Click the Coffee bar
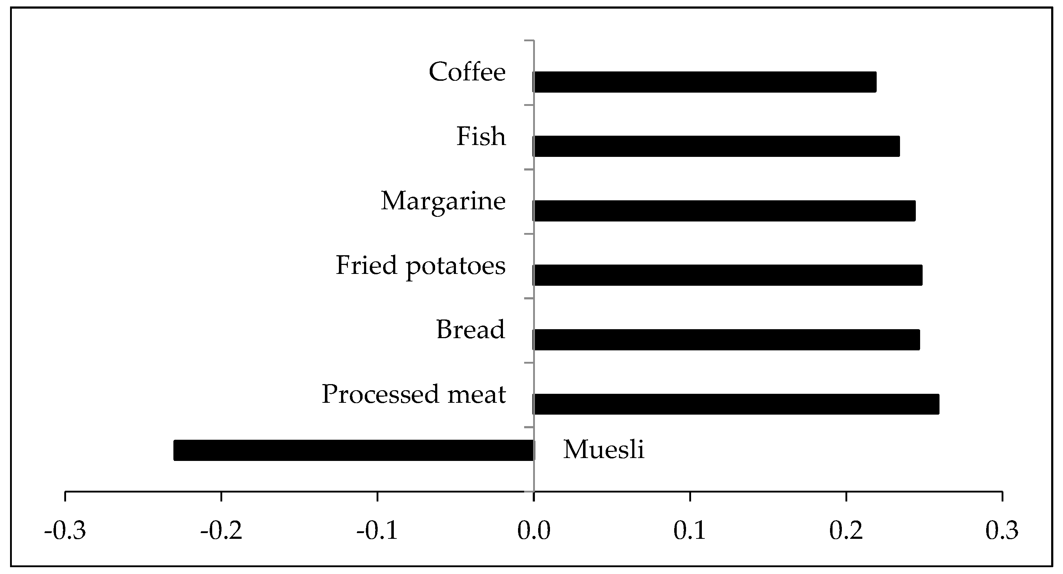pos(704,82)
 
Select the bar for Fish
pos(716,146)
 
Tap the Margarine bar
pos(724,211)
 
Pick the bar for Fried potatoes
pos(727,275)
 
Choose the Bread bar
pos(726,340)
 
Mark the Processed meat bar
pos(736,404)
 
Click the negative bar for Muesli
pos(354,450)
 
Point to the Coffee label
pos(467,72)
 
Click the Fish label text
pos(481,136)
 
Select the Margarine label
pos(443,201)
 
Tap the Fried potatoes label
pos(420,265)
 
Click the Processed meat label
pos(414,394)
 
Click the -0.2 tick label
pos(221,531)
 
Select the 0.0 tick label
pos(534,531)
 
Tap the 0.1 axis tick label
pos(690,531)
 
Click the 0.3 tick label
pos(1002,531)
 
